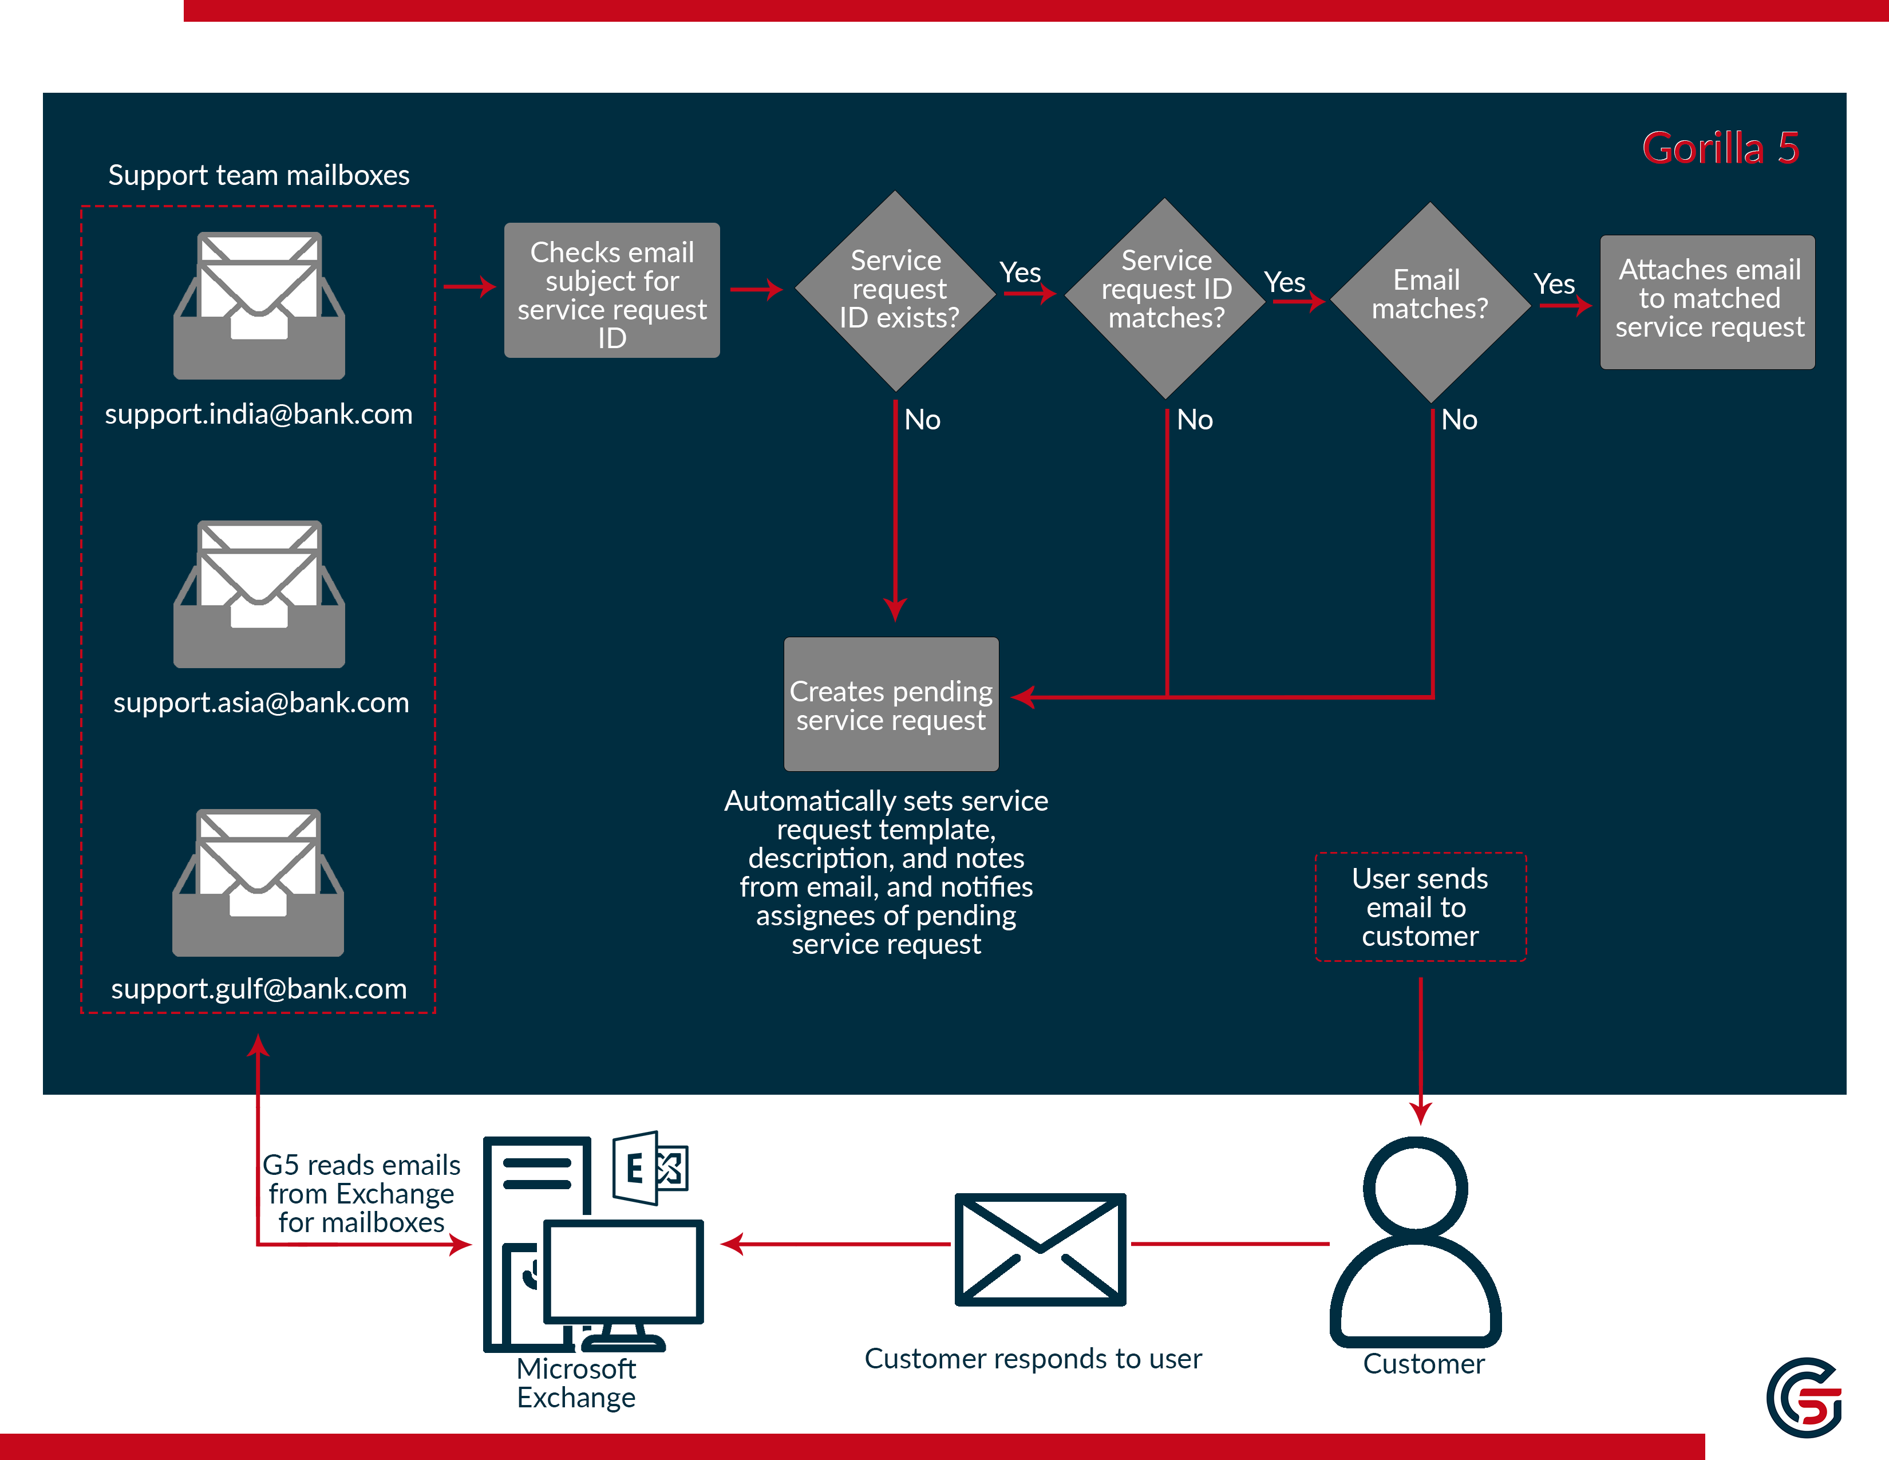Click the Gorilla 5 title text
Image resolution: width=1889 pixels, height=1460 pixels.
click(1720, 148)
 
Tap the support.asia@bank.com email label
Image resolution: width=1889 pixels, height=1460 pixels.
click(260, 703)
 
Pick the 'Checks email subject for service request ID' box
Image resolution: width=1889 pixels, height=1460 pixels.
click(611, 291)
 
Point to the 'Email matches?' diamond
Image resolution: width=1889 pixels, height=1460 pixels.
click(1430, 301)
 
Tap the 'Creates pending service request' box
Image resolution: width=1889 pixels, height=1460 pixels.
click(891, 704)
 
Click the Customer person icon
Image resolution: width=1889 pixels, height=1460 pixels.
click(1416, 1241)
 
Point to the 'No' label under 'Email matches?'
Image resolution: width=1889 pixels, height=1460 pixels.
click(1459, 420)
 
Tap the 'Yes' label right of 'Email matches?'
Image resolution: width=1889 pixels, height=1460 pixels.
click(1554, 283)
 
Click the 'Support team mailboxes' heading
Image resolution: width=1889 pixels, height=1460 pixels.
click(259, 176)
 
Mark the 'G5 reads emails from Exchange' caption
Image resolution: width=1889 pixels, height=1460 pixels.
click(362, 1194)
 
